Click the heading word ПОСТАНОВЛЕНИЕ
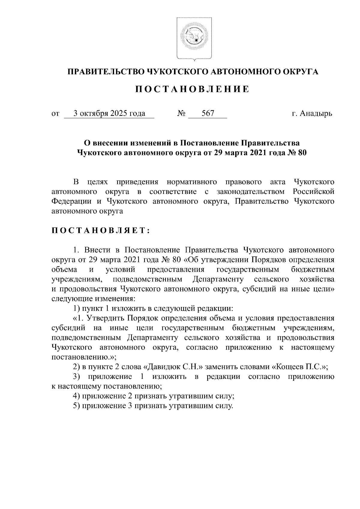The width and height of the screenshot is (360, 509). (x=192, y=89)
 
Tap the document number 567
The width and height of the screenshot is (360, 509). (x=208, y=114)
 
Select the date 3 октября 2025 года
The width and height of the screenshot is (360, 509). (x=109, y=114)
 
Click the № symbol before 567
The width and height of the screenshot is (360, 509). (x=181, y=114)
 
